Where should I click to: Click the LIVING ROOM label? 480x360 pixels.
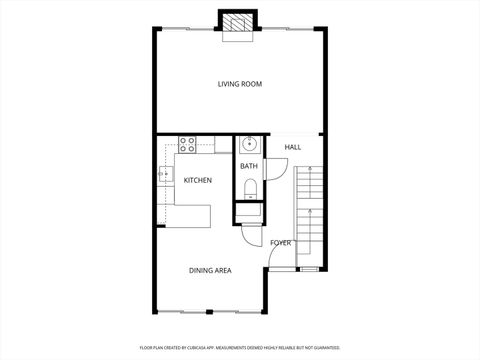click(x=240, y=84)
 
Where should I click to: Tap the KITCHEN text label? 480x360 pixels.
click(x=197, y=180)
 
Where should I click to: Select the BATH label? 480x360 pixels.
click(x=248, y=166)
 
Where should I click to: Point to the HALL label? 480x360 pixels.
click(x=293, y=148)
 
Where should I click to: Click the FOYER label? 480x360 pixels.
click(x=281, y=243)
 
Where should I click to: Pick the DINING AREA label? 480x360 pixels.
click(x=211, y=270)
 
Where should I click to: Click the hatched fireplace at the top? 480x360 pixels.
click(x=238, y=22)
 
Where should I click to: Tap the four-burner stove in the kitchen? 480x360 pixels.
click(x=186, y=144)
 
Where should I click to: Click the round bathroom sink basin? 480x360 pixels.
click(x=249, y=142)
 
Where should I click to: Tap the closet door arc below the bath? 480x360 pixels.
click(x=250, y=238)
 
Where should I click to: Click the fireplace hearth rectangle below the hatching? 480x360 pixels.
click(x=238, y=37)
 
